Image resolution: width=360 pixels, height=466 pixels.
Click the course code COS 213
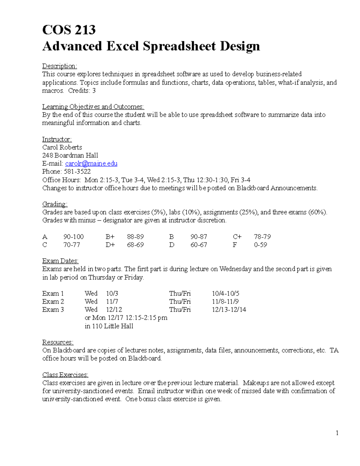(x=69, y=30)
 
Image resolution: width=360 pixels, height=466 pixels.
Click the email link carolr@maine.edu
(x=91, y=164)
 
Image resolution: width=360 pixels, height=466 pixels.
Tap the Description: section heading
(x=59, y=66)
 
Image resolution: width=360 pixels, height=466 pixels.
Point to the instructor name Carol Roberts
(x=62, y=147)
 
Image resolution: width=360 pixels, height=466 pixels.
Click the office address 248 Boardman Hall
(x=70, y=155)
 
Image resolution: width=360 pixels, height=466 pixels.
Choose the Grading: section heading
(x=55, y=204)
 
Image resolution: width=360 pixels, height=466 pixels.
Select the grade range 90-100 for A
(x=73, y=237)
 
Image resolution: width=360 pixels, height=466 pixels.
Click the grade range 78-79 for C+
(x=262, y=237)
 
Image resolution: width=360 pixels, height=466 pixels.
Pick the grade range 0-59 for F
(x=260, y=245)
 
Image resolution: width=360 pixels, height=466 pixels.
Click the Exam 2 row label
(x=53, y=302)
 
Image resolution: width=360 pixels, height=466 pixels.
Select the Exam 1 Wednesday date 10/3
(x=112, y=293)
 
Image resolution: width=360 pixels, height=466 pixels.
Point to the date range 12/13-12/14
(x=229, y=310)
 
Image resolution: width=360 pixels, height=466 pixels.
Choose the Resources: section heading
(x=58, y=342)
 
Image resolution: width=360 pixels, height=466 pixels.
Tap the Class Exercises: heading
(x=65, y=375)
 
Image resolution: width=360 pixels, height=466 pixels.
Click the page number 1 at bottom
(x=337, y=433)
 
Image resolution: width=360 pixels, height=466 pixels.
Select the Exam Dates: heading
(x=60, y=261)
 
